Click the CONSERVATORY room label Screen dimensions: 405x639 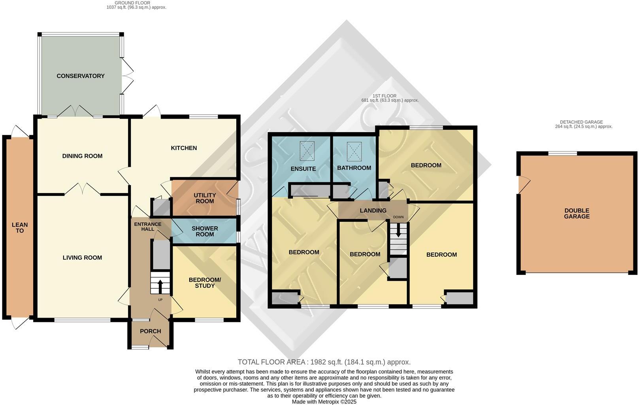80,76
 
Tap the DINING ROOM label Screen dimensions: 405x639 82,156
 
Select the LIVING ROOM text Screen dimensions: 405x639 82,257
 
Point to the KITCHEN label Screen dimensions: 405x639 184,148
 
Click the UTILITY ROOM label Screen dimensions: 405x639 204,198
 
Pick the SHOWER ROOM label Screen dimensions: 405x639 205,231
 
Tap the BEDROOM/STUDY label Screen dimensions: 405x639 205,282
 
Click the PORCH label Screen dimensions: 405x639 151,331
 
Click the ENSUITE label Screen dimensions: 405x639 303,168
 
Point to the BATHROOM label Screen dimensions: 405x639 354,168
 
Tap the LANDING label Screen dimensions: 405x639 373,210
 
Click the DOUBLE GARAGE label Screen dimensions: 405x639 577,214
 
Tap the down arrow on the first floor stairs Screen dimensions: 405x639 398,231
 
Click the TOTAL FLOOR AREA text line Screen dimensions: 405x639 324,362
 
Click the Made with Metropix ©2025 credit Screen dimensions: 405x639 324,401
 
